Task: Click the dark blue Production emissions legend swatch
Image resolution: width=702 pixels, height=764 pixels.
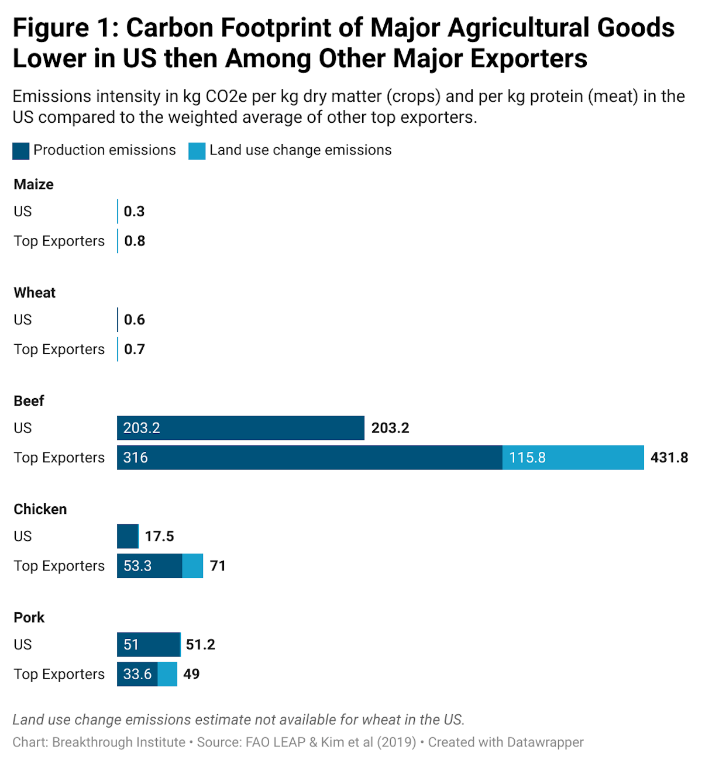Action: [21, 151]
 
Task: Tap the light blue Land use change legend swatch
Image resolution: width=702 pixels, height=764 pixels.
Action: [197, 151]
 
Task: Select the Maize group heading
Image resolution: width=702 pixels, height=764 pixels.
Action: [34, 185]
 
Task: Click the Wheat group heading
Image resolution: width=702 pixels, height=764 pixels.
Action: [35, 293]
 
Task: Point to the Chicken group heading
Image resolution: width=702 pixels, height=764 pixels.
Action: [40, 509]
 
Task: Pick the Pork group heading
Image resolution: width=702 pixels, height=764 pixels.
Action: [29, 618]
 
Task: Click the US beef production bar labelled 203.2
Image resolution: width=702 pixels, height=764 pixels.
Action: [240, 428]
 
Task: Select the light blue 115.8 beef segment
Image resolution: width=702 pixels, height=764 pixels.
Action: [573, 458]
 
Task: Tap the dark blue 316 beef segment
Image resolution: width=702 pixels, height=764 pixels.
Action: [309, 458]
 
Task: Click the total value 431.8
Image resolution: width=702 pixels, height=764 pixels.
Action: [669, 458]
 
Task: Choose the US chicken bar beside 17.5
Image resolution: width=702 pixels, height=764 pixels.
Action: [128, 537]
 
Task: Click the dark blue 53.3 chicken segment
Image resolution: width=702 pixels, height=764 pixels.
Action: [150, 566]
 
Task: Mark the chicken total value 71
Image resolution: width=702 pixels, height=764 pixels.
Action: [218, 566]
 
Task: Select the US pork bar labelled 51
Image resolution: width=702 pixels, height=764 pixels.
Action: [149, 645]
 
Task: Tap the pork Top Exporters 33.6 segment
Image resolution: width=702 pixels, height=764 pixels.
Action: [137, 674]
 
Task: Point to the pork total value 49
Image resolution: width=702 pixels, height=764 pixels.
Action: [191, 674]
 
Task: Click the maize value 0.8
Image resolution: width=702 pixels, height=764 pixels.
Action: [135, 241]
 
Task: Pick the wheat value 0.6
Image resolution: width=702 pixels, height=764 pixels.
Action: [135, 320]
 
